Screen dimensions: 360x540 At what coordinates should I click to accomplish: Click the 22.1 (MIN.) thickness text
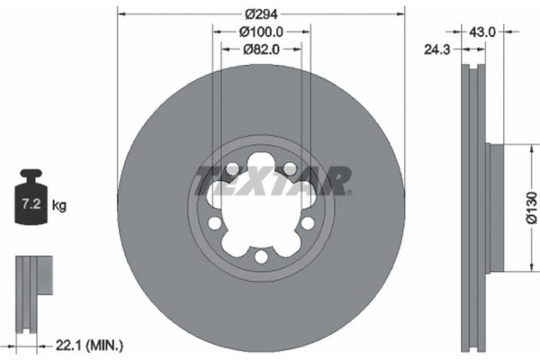coord(94,345)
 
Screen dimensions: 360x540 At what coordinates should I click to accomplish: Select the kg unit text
coord(59,205)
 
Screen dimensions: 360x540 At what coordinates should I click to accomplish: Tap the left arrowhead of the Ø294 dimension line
coord(121,13)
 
